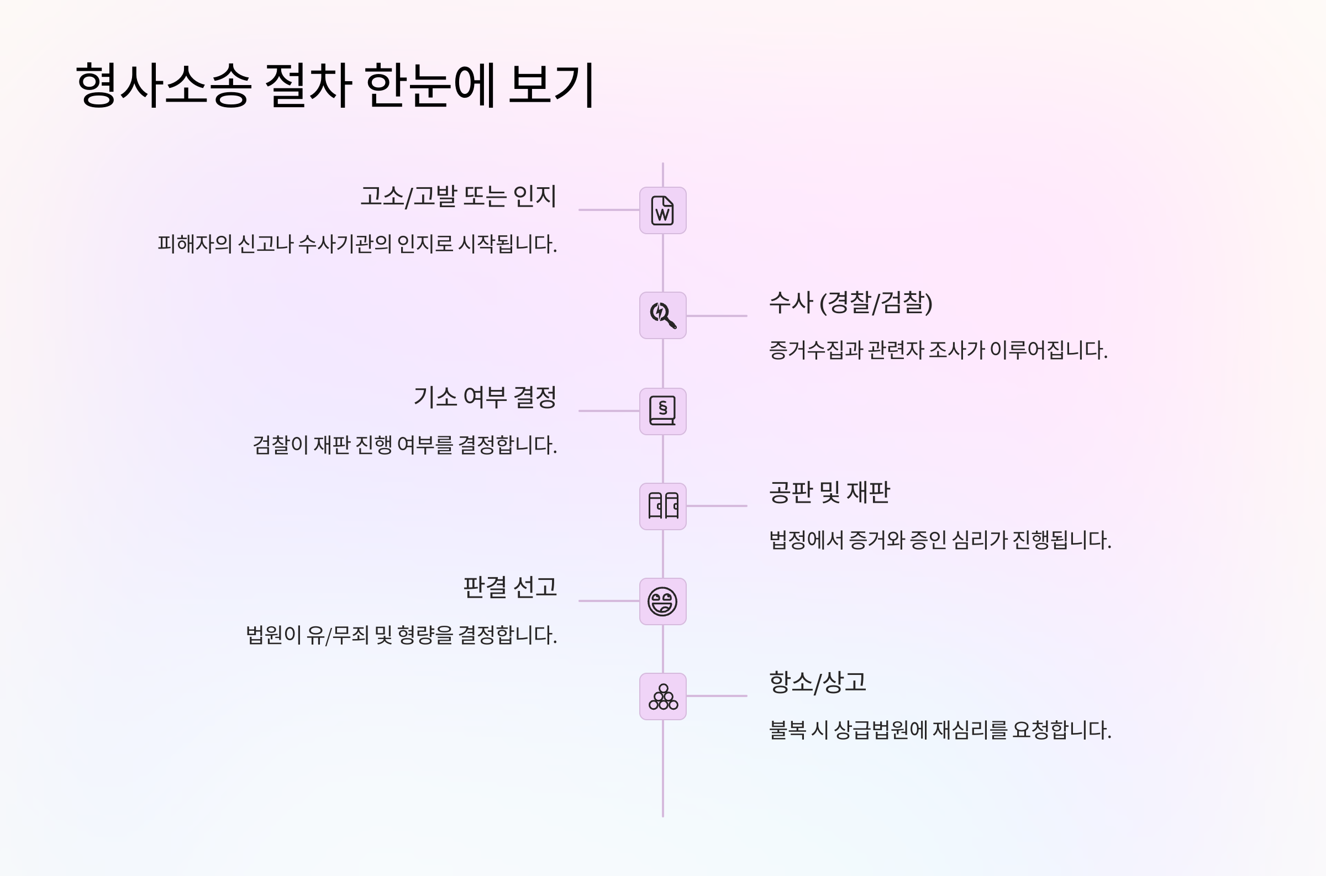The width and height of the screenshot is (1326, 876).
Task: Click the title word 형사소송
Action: [x=163, y=85]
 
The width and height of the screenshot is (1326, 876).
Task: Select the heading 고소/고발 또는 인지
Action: [x=458, y=197]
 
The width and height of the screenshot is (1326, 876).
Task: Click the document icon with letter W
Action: [x=662, y=210]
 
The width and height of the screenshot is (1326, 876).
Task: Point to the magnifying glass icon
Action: [x=662, y=315]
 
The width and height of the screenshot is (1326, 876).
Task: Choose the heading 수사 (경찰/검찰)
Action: [x=850, y=303]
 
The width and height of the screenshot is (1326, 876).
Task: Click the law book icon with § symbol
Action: [x=662, y=411]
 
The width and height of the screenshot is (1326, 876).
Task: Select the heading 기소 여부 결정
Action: [x=485, y=397]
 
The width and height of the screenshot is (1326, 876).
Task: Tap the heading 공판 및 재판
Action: [x=829, y=493]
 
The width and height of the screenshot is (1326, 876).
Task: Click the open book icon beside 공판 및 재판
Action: [x=662, y=506]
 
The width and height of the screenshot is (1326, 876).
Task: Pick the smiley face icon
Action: [x=662, y=601]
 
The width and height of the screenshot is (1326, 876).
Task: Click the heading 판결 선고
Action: [x=509, y=587]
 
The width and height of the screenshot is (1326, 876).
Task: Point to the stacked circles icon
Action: [x=662, y=696]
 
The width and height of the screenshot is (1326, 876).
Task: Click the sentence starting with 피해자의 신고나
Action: [x=357, y=244]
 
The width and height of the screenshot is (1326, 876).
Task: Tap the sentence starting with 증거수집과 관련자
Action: [x=938, y=350]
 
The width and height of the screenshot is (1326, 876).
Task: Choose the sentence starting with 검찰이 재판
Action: [x=405, y=445]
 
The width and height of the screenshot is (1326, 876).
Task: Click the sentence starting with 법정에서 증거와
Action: [x=940, y=540]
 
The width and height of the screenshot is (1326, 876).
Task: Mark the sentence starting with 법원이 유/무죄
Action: [x=402, y=635]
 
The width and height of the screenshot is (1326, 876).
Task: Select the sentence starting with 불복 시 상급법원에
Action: [x=940, y=730]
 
